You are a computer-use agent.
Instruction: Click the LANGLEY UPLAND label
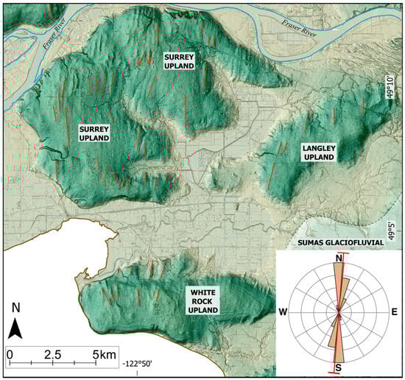coord(319,152)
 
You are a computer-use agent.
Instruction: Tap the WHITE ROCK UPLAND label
coord(202,301)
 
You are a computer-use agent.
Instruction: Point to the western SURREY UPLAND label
coord(94,133)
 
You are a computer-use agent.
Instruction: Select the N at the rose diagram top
coord(339,258)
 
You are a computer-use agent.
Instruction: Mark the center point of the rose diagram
coord(339,312)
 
